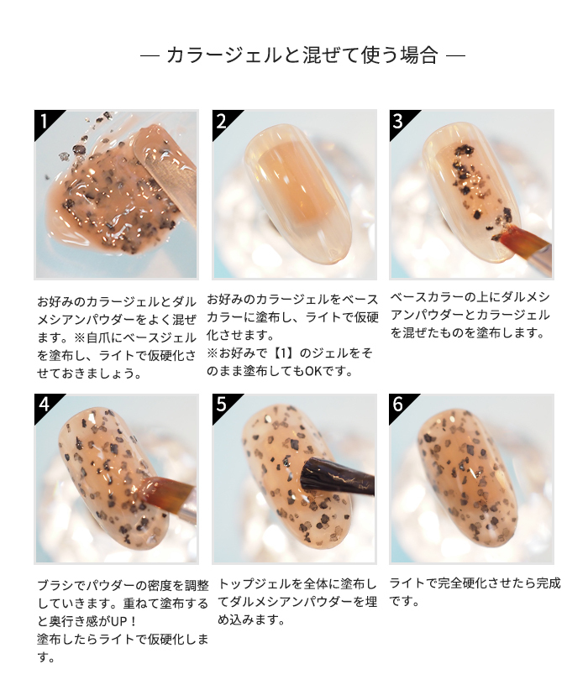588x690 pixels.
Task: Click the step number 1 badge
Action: coord(44,121)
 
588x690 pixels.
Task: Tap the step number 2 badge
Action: coord(221,121)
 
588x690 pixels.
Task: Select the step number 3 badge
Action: coord(398,121)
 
